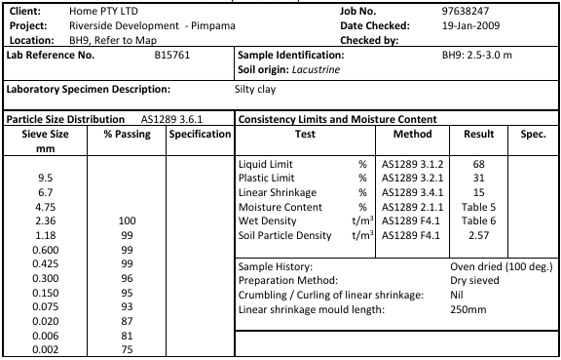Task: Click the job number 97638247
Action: point(464,10)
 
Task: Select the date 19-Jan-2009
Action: point(468,24)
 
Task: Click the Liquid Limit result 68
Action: point(479,164)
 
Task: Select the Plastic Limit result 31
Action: point(479,179)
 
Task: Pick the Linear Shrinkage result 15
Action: point(479,193)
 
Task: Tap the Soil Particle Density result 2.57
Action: point(479,235)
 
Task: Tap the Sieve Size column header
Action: point(45,140)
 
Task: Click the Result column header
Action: point(479,133)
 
